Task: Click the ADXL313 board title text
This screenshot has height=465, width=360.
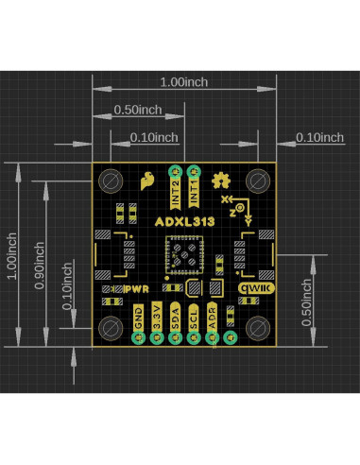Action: coord(185,221)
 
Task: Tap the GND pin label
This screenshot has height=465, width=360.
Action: coord(139,318)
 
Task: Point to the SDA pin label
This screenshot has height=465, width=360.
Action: coord(175,317)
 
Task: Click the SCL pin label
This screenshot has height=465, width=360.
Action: coord(194,318)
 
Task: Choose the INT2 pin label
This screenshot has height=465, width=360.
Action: coord(176,193)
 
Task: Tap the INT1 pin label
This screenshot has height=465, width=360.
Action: coord(194,192)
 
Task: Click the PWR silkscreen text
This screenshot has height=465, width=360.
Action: coord(137,289)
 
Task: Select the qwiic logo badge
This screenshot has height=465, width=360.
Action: coord(256,288)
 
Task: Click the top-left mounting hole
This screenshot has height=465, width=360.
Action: coord(111,181)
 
